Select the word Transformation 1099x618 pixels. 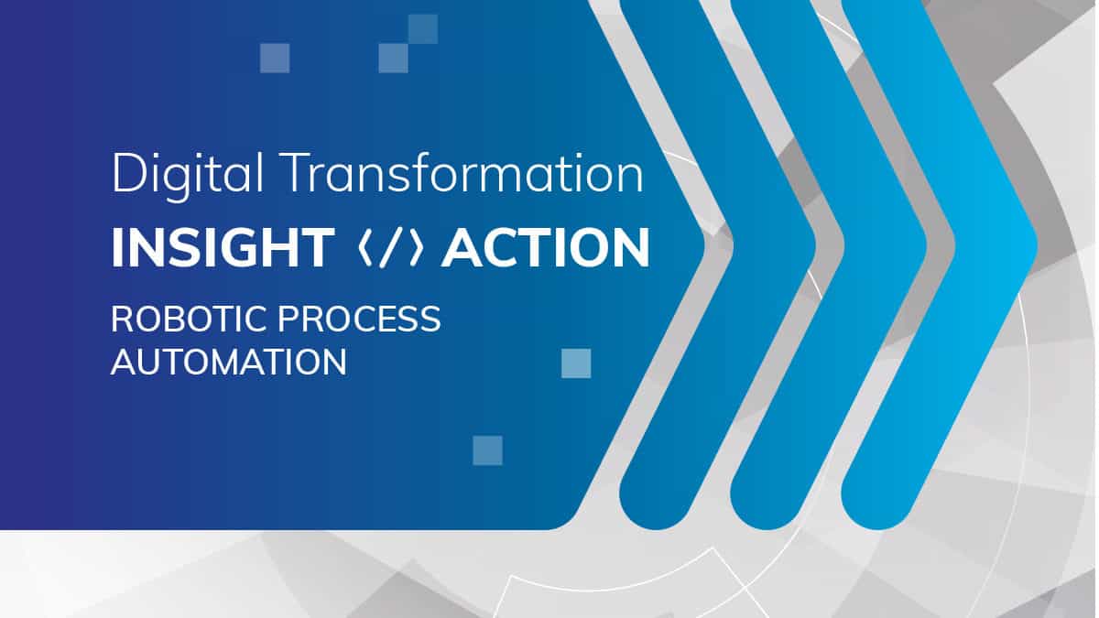[462, 173]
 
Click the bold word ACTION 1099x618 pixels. [546, 248]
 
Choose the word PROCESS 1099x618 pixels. [360, 319]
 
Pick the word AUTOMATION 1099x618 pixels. [229, 362]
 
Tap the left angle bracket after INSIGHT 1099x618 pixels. [365, 248]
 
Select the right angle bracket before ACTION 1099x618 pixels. [416, 248]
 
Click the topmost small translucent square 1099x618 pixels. [423, 29]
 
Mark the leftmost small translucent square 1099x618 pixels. [275, 58]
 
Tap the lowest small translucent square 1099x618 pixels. [487, 450]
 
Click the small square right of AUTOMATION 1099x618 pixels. [576, 363]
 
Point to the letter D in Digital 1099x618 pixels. [129, 173]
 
